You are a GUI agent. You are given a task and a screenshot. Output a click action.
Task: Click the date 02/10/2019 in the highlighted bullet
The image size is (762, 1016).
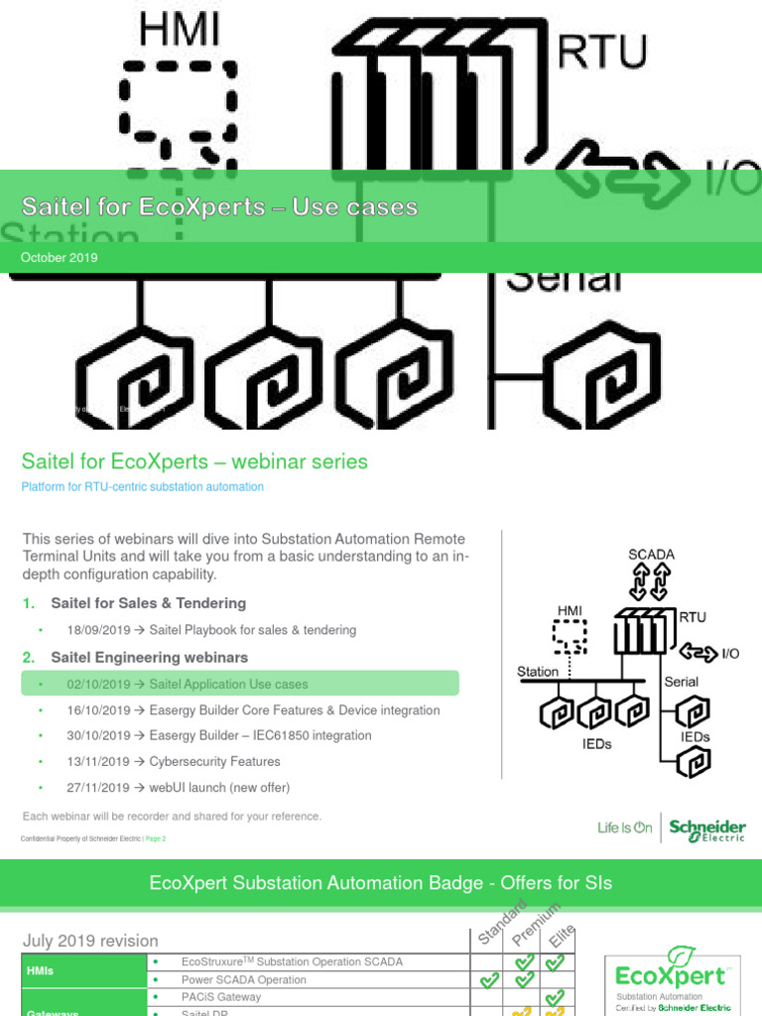pos(98,685)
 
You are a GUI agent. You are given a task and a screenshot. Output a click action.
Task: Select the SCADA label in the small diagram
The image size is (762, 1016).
pos(651,555)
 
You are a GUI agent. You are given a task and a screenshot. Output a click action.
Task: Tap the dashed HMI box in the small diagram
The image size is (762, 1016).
pos(569,636)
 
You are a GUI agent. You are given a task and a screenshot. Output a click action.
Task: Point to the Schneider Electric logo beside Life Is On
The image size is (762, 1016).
pos(706,829)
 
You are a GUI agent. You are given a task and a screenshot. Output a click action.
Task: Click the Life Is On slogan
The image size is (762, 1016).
pos(624,827)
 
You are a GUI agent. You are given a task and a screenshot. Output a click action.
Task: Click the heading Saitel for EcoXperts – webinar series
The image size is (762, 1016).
pos(194,461)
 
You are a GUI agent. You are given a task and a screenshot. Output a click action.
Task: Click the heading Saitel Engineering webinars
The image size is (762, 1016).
pos(149,658)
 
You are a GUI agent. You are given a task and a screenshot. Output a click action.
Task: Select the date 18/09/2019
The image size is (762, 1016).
pos(98,630)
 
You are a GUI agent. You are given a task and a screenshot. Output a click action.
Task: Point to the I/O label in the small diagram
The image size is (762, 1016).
pos(730,654)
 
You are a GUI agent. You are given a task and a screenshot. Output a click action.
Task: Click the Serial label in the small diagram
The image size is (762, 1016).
pos(681,682)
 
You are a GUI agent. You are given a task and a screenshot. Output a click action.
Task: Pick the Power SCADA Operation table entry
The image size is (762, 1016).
pos(243,980)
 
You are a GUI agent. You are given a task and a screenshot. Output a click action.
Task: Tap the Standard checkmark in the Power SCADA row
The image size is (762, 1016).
pos(488,981)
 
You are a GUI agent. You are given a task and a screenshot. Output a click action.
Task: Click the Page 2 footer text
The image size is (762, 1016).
pos(156,838)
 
